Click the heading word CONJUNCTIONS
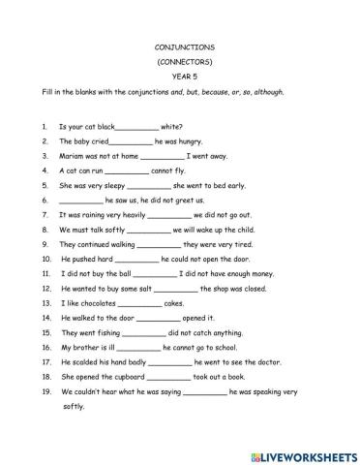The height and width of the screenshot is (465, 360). point(179,45)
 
